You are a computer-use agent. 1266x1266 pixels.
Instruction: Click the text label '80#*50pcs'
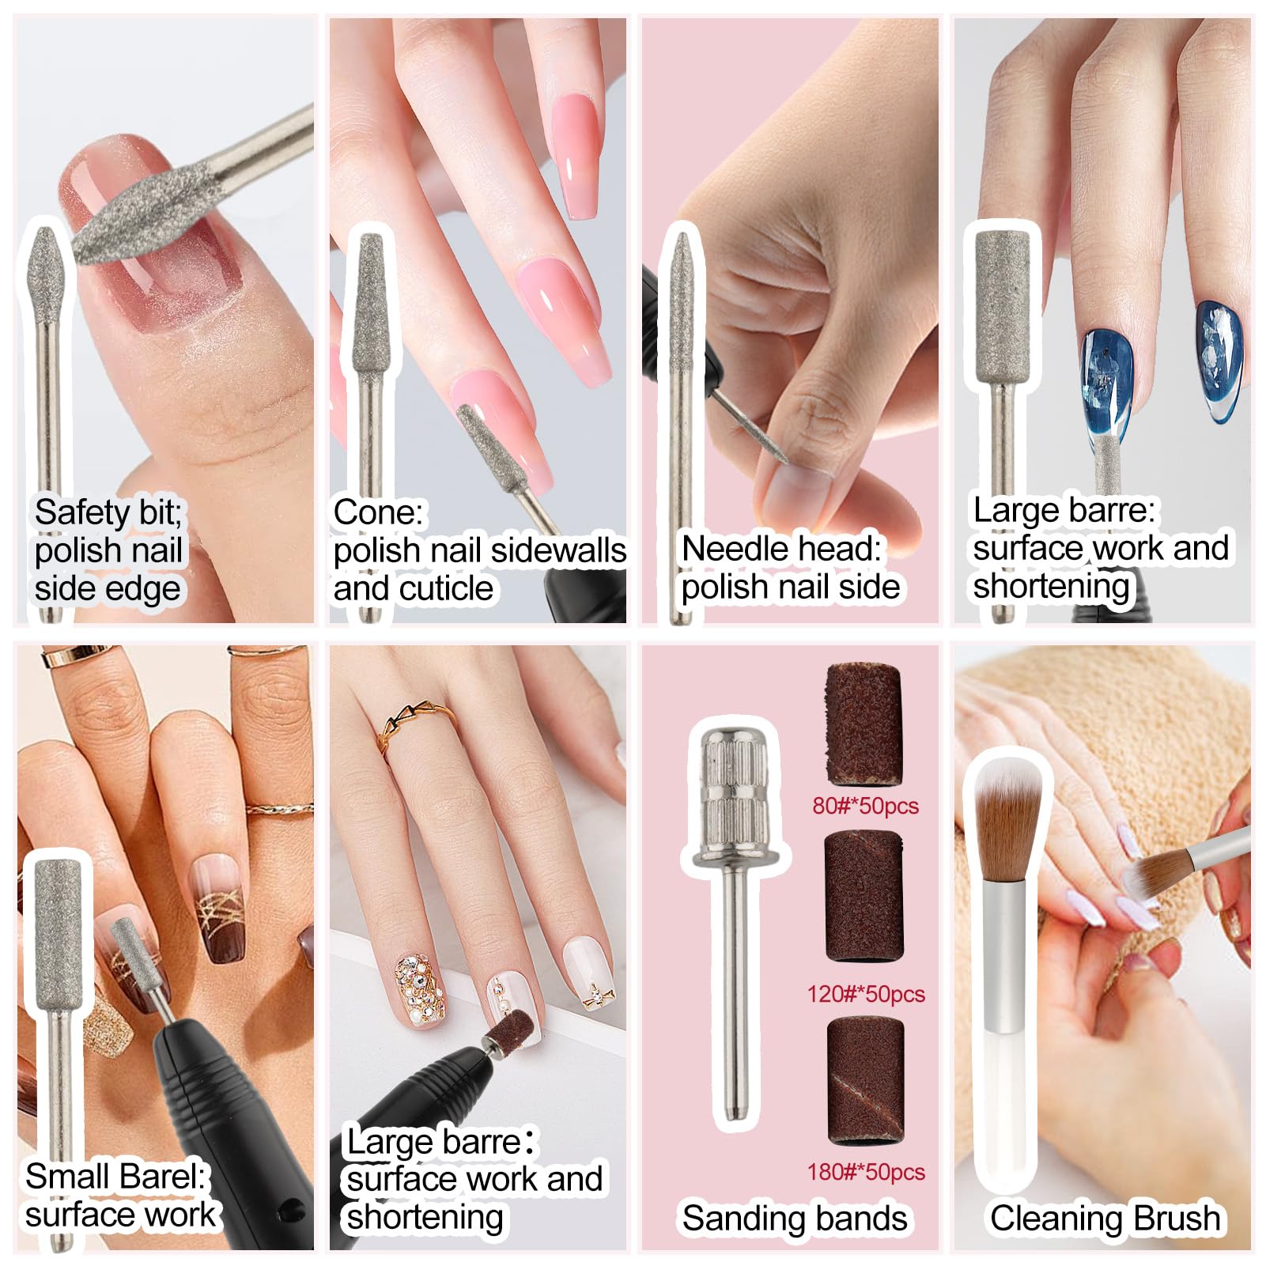pos(865,806)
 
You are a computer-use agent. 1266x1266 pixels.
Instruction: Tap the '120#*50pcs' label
pos(866,994)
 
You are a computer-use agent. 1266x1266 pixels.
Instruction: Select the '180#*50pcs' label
pos(866,1172)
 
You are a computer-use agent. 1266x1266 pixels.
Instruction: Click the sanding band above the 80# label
pos(864,725)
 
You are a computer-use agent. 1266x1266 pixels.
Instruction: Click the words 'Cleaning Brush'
pos(1105,1218)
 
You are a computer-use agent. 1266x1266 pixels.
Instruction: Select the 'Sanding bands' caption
pos(795,1218)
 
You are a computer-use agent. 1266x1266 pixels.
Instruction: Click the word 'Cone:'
pos(378,512)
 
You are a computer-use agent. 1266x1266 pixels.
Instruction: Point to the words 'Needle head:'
pos(781,549)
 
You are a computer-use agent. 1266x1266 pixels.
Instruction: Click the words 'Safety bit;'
pos(108,512)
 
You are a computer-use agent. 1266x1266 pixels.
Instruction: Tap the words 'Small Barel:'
pos(115,1177)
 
